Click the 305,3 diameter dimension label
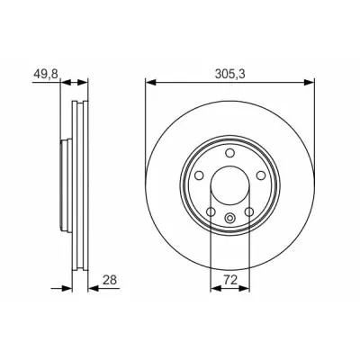click(230, 74)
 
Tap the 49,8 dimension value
click(46, 74)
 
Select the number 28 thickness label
click(110, 280)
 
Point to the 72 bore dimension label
click(230, 280)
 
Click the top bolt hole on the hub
click(230, 153)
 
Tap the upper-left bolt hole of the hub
click(199, 175)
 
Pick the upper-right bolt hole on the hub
click(261, 175)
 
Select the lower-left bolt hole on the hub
click(211, 212)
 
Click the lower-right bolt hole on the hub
click(249, 212)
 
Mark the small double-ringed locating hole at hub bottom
click(230, 218)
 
